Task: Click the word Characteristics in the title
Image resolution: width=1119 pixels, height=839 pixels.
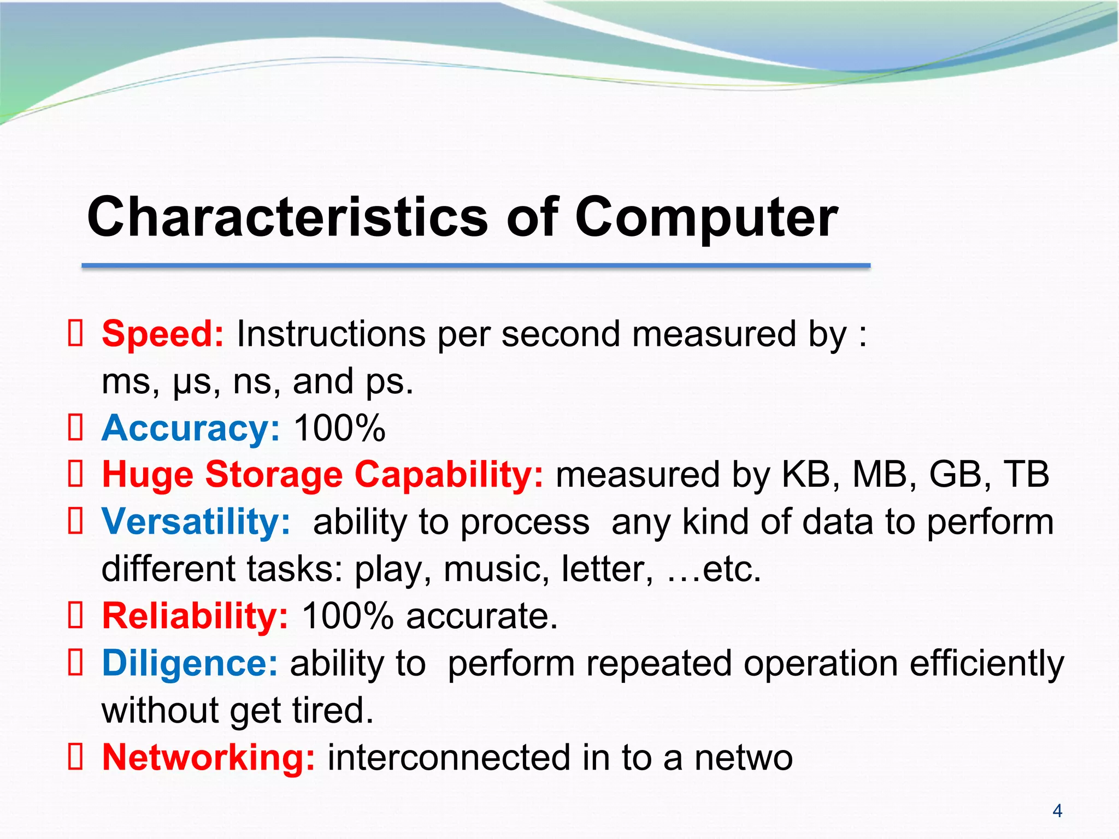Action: pyautogui.click(x=287, y=217)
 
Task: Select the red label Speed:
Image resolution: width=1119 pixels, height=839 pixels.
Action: pyautogui.click(x=163, y=334)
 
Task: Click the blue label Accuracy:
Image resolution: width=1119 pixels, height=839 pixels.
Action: pyautogui.click(x=191, y=428)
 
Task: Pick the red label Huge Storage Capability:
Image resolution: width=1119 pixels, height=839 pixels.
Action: pyautogui.click(x=322, y=474)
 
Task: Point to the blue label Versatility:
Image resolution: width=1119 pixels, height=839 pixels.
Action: pyautogui.click(x=196, y=522)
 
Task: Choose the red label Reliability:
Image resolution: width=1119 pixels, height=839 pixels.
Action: pyautogui.click(x=195, y=616)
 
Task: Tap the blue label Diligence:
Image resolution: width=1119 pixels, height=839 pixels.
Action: pyautogui.click(x=190, y=663)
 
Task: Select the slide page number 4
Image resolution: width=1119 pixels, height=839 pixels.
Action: pyautogui.click(x=1057, y=811)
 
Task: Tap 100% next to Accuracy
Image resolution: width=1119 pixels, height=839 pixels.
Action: pyautogui.click(x=339, y=428)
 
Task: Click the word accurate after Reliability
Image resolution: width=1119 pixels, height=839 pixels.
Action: pyautogui.click(x=481, y=616)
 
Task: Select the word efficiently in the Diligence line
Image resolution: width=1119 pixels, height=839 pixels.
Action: pyautogui.click(x=987, y=664)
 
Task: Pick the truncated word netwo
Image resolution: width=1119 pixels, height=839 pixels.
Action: pyautogui.click(x=743, y=758)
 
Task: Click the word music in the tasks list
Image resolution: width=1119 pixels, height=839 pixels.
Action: pyautogui.click(x=496, y=569)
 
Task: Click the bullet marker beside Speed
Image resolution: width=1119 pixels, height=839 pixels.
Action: pyautogui.click(x=75, y=334)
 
